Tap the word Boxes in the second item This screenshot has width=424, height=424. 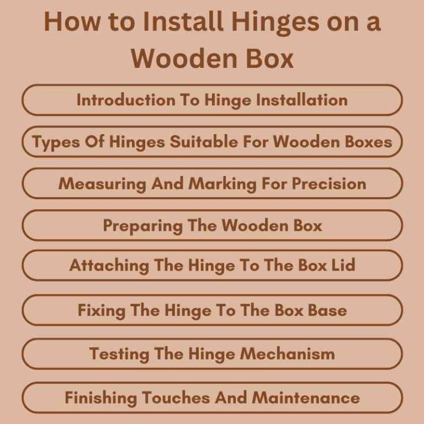pos(364,142)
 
